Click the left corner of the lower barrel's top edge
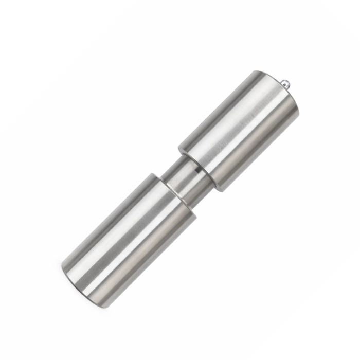tap(153, 174)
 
